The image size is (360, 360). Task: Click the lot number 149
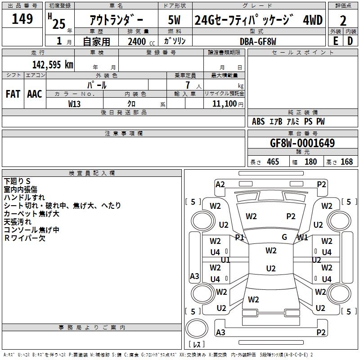pyautogui.click(x=22, y=19)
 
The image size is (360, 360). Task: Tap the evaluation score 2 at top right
pyautogui.click(x=343, y=21)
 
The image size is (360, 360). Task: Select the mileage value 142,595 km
pyautogui.click(x=53, y=64)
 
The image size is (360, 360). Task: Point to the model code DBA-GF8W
pyautogui.click(x=258, y=41)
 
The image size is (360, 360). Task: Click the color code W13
pyautogui.click(x=75, y=103)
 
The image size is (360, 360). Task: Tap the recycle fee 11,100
pyautogui.click(x=224, y=103)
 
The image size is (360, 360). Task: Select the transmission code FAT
pyautogui.click(x=13, y=94)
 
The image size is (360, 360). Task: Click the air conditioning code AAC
pyautogui.click(x=35, y=94)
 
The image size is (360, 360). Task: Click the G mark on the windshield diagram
pyautogui.click(x=284, y=237)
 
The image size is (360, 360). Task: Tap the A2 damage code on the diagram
pyautogui.click(x=220, y=184)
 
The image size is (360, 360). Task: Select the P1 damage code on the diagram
pyautogui.click(x=239, y=237)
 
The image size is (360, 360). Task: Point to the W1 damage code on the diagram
pyautogui.click(x=302, y=237)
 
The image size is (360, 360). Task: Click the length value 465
pyautogui.click(x=273, y=162)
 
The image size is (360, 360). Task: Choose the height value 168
pyautogui.click(x=346, y=162)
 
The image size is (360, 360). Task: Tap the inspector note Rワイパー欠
pyautogui.click(x=25, y=238)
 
